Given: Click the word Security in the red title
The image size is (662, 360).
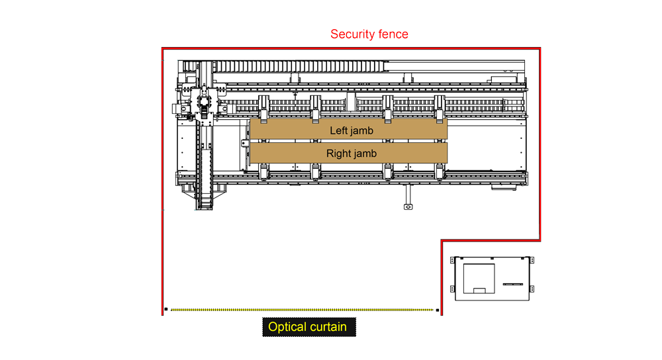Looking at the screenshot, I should (352, 34).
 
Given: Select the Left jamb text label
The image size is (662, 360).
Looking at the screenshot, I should (352, 131).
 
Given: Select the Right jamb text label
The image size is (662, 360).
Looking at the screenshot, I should (352, 154).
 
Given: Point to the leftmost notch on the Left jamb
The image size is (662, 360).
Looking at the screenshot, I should (263, 121).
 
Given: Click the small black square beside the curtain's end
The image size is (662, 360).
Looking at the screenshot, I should (437, 310).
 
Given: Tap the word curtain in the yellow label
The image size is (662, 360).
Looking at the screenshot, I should (328, 327).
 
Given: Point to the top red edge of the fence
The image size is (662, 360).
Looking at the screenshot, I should (351, 48).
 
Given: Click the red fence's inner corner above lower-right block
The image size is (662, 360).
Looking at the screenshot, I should (442, 240).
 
